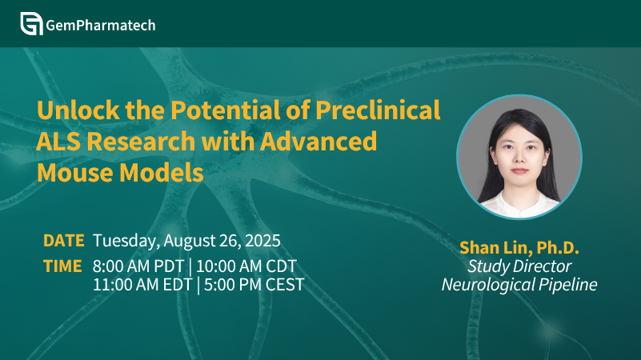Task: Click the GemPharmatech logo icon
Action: click(31, 24)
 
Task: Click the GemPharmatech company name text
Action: click(101, 26)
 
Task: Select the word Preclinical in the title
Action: click(378, 110)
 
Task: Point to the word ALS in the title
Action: click(59, 142)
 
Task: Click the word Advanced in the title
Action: click(318, 142)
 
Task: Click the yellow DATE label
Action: click(64, 241)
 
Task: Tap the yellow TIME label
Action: click(62, 266)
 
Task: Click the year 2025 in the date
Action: click(262, 241)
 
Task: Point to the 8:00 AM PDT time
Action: click(138, 266)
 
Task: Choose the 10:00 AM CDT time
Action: click(246, 266)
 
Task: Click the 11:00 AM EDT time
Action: click(142, 285)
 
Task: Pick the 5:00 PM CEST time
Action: click(254, 285)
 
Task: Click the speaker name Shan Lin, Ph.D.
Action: click(519, 248)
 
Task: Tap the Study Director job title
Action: click(519, 266)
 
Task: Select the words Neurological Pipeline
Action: click(519, 285)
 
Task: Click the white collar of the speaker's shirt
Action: click(519, 207)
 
